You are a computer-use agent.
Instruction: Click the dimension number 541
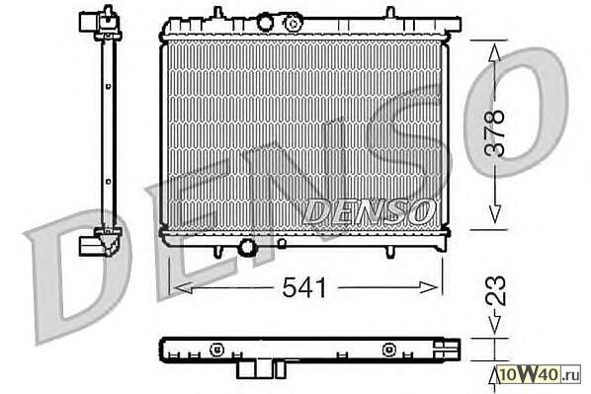tap(304, 287)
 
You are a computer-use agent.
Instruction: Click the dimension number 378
tap(494, 133)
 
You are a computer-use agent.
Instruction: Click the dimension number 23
tap(495, 290)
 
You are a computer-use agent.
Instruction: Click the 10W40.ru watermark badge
tap(539, 374)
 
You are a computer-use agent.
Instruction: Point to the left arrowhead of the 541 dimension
tap(184, 288)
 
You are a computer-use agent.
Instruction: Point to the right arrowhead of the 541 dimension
tap(429, 287)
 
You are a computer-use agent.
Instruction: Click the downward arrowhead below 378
tap(494, 213)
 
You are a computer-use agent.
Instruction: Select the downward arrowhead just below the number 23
tap(494, 324)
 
